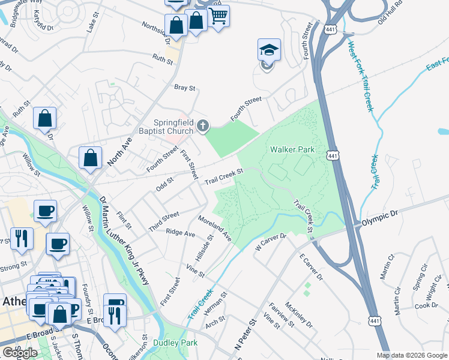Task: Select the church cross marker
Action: click(203, 125)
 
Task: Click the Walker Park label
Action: click(292, 149)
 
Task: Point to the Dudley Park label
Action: click(175, 343)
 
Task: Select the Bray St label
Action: click(185, 88)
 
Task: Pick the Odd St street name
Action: click(164, 181)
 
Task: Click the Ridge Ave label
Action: click(181, 232)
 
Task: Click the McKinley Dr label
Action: click(299, 314)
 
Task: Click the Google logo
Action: click(20, 353)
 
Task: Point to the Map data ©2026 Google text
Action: click(412, 355)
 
